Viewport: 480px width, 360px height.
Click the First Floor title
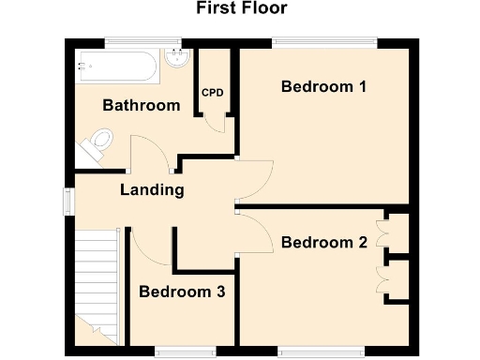point(241,9)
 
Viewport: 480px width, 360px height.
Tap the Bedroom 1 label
point(323,87)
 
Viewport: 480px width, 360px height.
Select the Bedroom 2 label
point(323,243)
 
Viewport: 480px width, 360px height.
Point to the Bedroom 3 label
point(182,292)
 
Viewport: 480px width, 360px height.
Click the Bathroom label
point(141,105)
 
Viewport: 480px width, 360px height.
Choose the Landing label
point(151,190)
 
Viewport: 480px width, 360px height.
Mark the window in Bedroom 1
point(323,40)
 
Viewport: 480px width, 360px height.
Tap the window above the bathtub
point(142,40)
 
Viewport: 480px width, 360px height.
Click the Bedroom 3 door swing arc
point(150,247)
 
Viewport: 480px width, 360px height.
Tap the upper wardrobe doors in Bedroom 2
point(383,234)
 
